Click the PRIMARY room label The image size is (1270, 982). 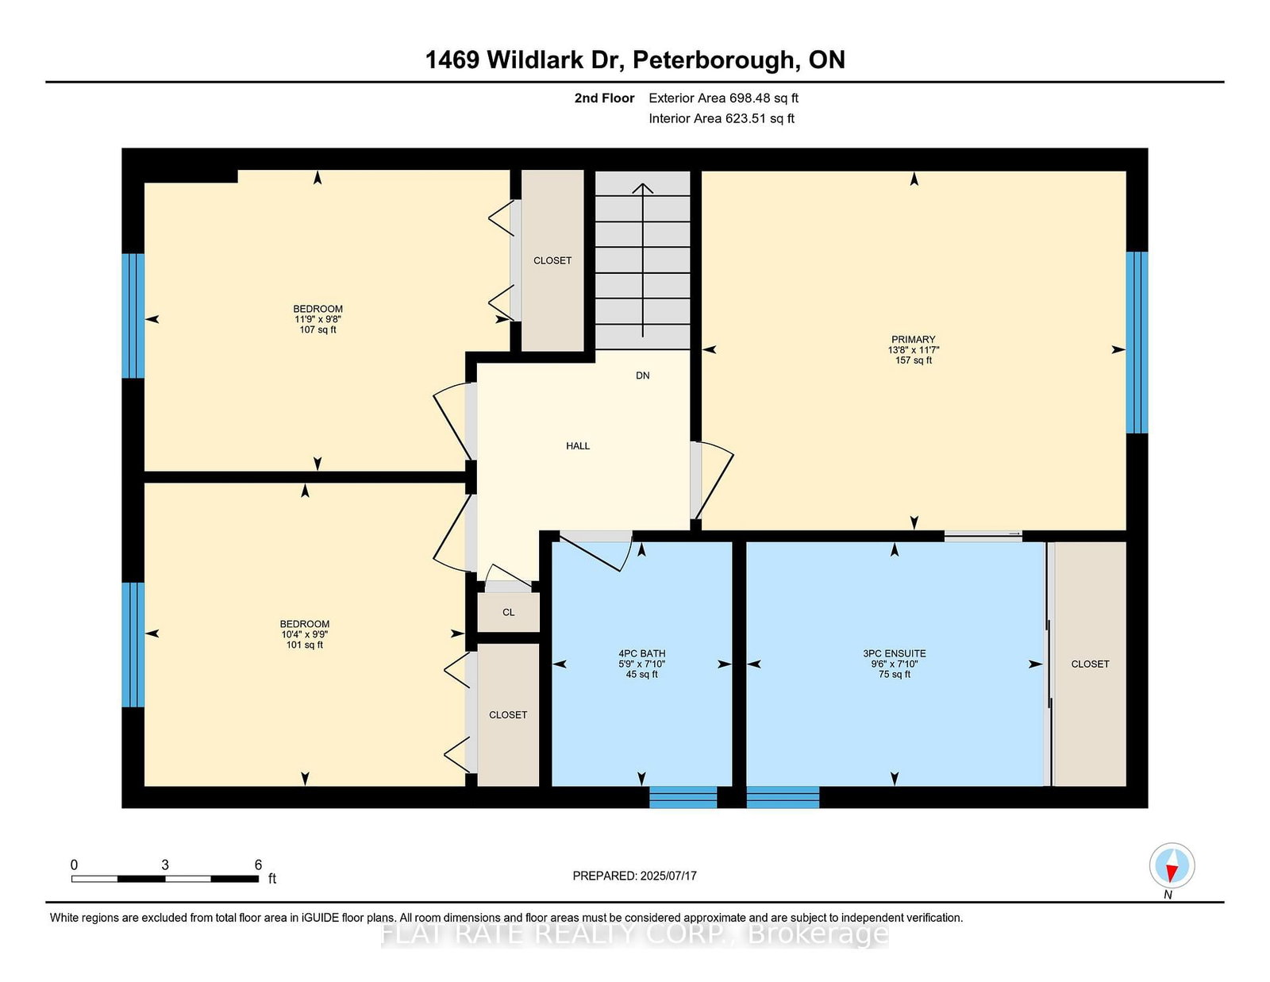913,339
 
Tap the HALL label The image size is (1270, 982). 577,446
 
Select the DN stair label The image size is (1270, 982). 642,375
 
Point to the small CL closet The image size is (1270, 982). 508,612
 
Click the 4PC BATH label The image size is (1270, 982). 641,653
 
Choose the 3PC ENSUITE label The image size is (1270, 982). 895,653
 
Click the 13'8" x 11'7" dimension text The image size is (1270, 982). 913,349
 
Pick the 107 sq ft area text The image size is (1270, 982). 317,329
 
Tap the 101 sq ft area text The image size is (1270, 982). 304,645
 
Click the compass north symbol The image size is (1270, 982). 1172,865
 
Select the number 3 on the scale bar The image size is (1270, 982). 165,865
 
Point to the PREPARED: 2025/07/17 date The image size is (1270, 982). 634,876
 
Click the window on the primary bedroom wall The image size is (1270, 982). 1137,342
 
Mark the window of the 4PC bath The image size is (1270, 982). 683,797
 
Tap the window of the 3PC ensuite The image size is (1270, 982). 783,797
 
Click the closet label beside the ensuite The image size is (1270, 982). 1089,664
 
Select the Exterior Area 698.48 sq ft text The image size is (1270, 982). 724,98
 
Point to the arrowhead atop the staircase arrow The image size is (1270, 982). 643,188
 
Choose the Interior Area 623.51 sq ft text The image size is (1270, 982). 722,118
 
